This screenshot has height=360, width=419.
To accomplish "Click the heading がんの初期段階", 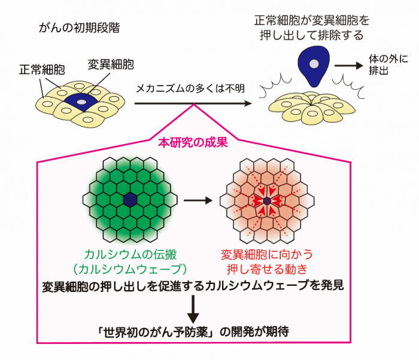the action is tap(79, 28).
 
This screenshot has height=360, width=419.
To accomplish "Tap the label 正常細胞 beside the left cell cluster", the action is tap(42, 70).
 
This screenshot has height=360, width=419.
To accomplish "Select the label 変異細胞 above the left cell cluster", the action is tap(111, 65).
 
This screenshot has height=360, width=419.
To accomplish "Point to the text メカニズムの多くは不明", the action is tap(190, 89).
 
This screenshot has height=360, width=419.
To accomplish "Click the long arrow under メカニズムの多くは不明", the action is tap(193, 103).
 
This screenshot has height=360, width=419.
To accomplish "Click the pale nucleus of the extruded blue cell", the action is tap(314, 64).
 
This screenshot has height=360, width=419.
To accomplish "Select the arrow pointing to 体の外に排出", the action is tap(349, 65).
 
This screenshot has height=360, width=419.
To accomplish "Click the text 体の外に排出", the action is tap(388, 65).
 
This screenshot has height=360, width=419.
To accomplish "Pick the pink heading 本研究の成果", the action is tap(193, 142).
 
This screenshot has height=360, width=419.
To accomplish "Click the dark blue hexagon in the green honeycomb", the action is tap(130, 200).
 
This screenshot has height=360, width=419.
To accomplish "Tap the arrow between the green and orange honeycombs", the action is tap(198, 200).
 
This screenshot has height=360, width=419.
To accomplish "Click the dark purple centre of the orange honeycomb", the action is tap(267, 201).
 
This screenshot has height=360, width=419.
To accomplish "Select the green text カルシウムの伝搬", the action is tap(130, 255).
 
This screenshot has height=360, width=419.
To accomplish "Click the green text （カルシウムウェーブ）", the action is tap(130, 269).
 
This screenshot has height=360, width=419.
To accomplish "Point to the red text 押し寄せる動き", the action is tap(267, 269).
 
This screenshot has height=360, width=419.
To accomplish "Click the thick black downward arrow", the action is tap(193, 309).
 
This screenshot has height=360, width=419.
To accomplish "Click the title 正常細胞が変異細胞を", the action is tap(312, 20).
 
